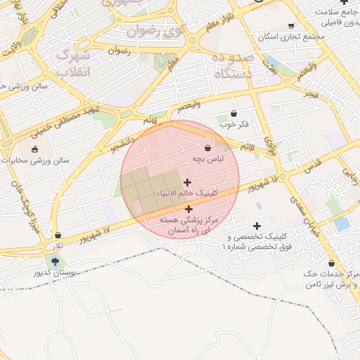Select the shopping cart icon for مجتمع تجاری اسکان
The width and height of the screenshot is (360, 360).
(x=290, y=26)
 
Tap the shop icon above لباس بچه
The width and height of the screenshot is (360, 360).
(x=207, y=148)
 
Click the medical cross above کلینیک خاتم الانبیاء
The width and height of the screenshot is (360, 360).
(x=187, y=182)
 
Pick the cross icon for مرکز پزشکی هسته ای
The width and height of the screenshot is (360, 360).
(x=188, y=209)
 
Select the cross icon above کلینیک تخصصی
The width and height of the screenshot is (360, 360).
(x=257, y=226)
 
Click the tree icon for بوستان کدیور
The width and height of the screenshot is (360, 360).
(x=55, y=262)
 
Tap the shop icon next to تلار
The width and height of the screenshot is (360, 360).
(x=58, y=235)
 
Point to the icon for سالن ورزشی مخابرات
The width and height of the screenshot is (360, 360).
(x=35, y=149)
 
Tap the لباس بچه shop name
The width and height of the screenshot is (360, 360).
(x=207, y=160)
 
